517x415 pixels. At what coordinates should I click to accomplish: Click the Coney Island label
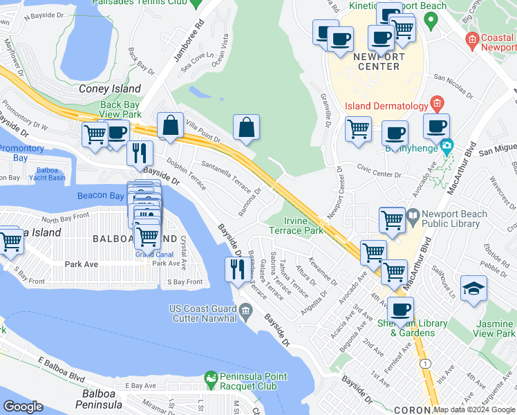coord(110,89)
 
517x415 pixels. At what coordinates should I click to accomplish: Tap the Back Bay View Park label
coord(120,109)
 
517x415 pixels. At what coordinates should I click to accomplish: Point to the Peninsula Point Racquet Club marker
coord(211,378)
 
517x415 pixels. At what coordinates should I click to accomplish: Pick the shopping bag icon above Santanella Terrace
coord(246,128)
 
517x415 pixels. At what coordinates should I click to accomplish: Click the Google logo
coord(23,407)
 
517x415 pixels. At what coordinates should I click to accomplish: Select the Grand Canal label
coord(149,254)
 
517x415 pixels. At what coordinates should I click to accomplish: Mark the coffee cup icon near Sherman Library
coord(400,309)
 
